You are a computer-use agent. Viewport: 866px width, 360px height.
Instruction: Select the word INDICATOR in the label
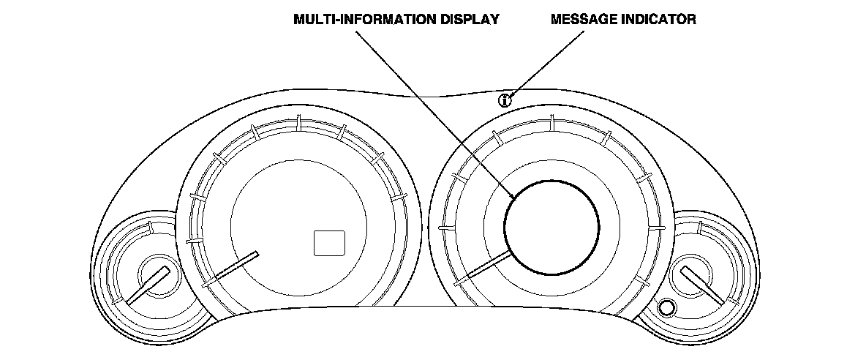point(663,20)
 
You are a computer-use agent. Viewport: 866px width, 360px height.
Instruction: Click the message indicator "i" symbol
point(504,100)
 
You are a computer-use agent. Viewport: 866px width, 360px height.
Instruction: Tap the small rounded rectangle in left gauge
point(329,243)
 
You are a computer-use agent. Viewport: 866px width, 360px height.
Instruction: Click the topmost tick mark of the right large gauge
point(552,122)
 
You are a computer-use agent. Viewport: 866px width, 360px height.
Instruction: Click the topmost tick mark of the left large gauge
point(299,122)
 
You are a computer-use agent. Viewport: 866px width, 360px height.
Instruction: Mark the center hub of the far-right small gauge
point(690,274)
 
